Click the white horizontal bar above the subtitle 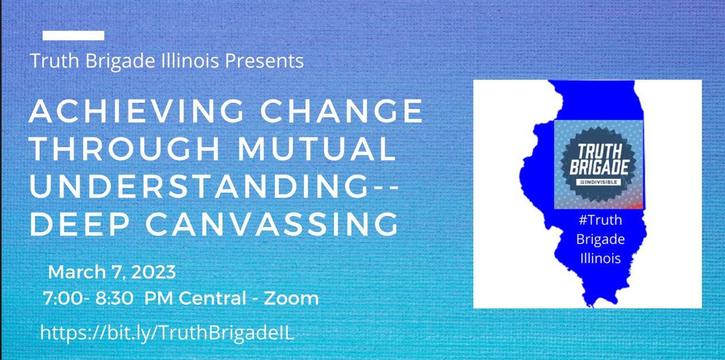click(x=73, y=35)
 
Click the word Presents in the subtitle click(x=264, y=61)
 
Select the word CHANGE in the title click(x=342, y=111)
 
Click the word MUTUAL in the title click(x=317, y=148)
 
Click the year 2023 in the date click(x=154, y=272)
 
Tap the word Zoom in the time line click(x=291, y=298)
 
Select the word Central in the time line click(x=212, y=298)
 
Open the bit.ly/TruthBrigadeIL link click(x=167, y=332)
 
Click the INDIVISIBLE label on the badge click(x=599, y=182)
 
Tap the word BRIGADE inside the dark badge click(x=599, y=167)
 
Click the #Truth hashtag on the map click(x=600, y=220)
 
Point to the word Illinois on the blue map click(x=600, y=258)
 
